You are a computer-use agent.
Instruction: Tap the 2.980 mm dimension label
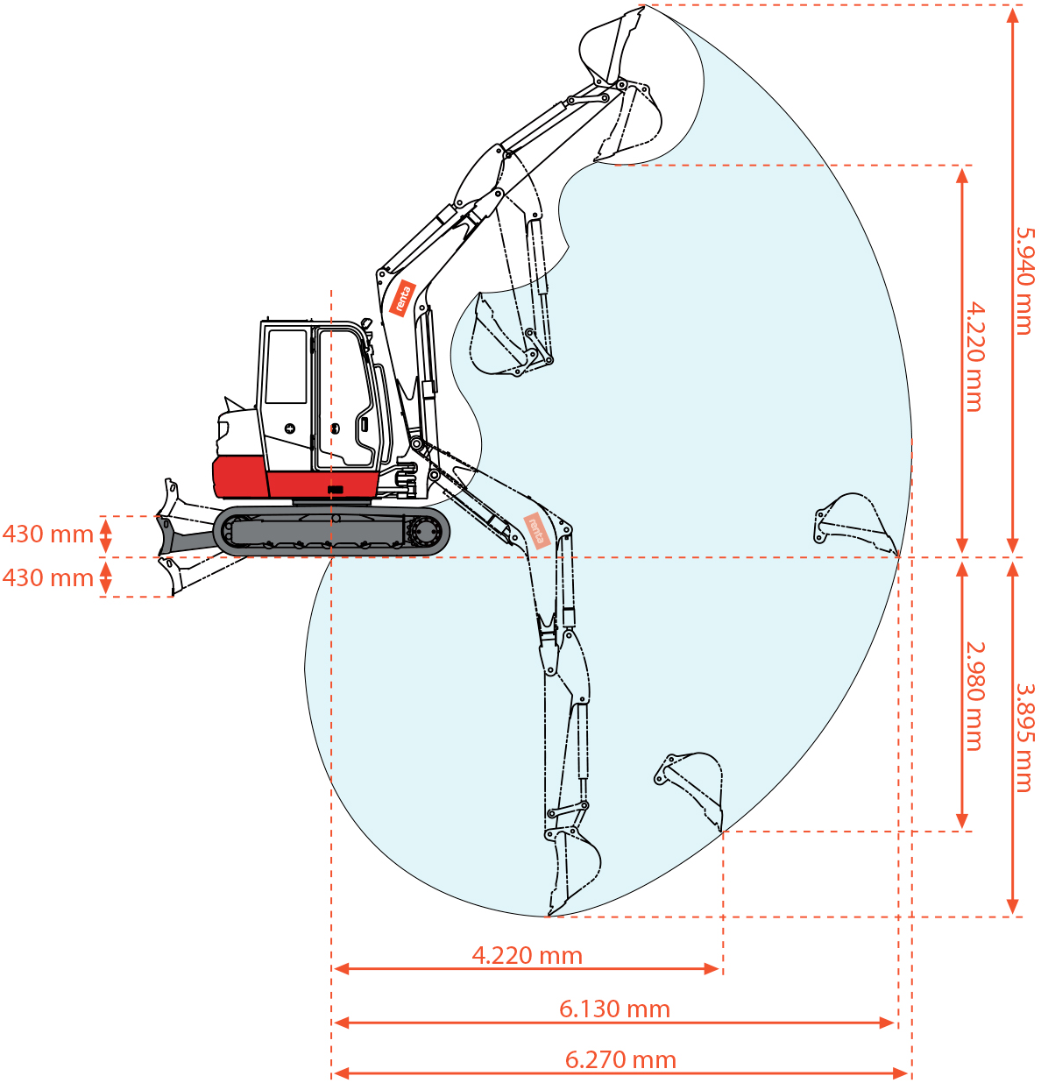tap(974, 697)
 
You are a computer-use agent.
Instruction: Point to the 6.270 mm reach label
tap(620, 1059)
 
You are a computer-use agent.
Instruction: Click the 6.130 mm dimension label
tap(614, 1009)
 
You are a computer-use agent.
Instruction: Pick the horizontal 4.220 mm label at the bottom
tap(527, 955)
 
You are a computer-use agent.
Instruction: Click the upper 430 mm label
tap(48, 534)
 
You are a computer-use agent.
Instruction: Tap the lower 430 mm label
tap(48, 577)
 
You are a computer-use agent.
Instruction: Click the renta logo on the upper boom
tap(402, 298)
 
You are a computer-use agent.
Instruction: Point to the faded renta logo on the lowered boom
tap(537, 530)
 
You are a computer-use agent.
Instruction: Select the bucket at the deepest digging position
tap(572, 872)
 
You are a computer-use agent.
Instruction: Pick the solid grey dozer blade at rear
tap(185, 536)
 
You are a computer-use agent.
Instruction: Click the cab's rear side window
tap(287, 367)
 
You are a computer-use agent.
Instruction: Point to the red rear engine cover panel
tap(240, 477)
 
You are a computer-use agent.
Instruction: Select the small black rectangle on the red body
tap(335, 490)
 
